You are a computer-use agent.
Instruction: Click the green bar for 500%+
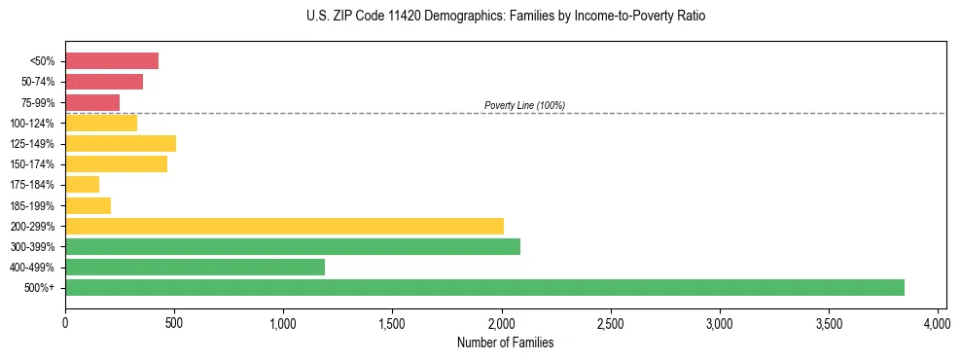coord(484,287)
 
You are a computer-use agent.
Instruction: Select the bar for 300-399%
coord(293,246)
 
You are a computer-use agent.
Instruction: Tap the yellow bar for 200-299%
coord(284,226)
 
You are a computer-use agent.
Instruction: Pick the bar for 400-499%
coord(195,267)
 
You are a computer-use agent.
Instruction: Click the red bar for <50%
coord(112,61)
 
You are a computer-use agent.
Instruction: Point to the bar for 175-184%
coord(83,185)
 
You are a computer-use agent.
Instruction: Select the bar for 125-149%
coord(121,144)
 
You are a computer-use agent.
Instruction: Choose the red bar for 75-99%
coord(92,102)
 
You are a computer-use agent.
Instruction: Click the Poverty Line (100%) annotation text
coord(524,105)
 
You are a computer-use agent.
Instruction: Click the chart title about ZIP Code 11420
coord(505,17)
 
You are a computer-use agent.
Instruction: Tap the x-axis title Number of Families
coord(505,342)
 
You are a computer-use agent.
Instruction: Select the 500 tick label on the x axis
coord(174,323)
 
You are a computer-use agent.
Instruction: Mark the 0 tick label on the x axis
coord(65,323)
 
